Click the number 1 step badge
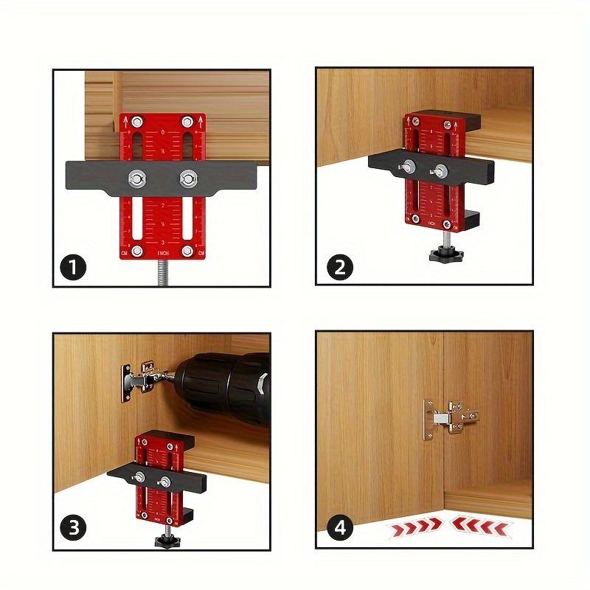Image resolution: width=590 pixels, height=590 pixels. click(x=74, y=266)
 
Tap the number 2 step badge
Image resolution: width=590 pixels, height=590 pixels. click(x=339, y=266)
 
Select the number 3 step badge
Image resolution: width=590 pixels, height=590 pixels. click(x=74, y=528)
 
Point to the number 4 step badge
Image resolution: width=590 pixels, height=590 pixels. click(x=339, y=528)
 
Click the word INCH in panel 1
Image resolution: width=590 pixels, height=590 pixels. click(x=163, y=254)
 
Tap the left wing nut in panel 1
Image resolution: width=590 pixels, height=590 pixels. click(x=136, y=178)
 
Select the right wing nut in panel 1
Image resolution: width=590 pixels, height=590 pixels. click(x=188, y=178)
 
